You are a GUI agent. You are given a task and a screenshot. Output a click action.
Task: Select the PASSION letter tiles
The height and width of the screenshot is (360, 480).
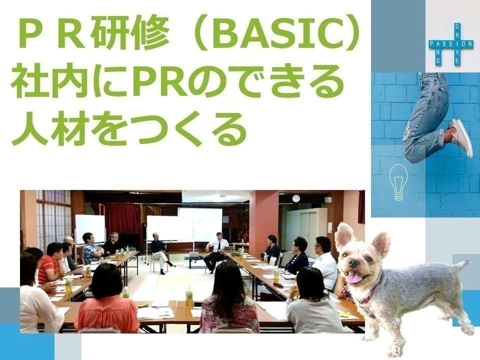coord(451,44)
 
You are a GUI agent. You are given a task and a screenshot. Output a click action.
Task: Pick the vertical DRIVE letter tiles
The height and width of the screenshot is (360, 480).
coord(457,44)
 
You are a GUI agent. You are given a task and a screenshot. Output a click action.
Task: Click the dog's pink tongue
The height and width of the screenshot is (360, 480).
coord(354,277)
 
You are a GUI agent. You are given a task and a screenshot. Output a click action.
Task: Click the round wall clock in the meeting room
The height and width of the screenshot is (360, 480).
coord(295,198)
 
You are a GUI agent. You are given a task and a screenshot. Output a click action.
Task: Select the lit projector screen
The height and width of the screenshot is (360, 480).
coord(200,224)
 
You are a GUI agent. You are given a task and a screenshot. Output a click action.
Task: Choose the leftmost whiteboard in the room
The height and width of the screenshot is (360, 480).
coord(90,229)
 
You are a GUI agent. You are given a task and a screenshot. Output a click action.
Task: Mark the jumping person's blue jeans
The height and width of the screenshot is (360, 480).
coord(425,116)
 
